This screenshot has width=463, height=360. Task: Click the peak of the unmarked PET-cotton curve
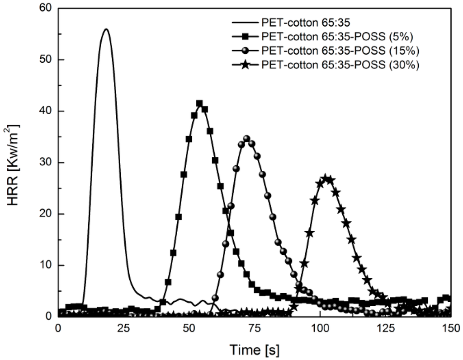(x=106, y=29)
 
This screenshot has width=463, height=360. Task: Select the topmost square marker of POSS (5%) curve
(x=199, y=103)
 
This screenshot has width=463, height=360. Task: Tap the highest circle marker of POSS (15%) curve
(x=246, y=139)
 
